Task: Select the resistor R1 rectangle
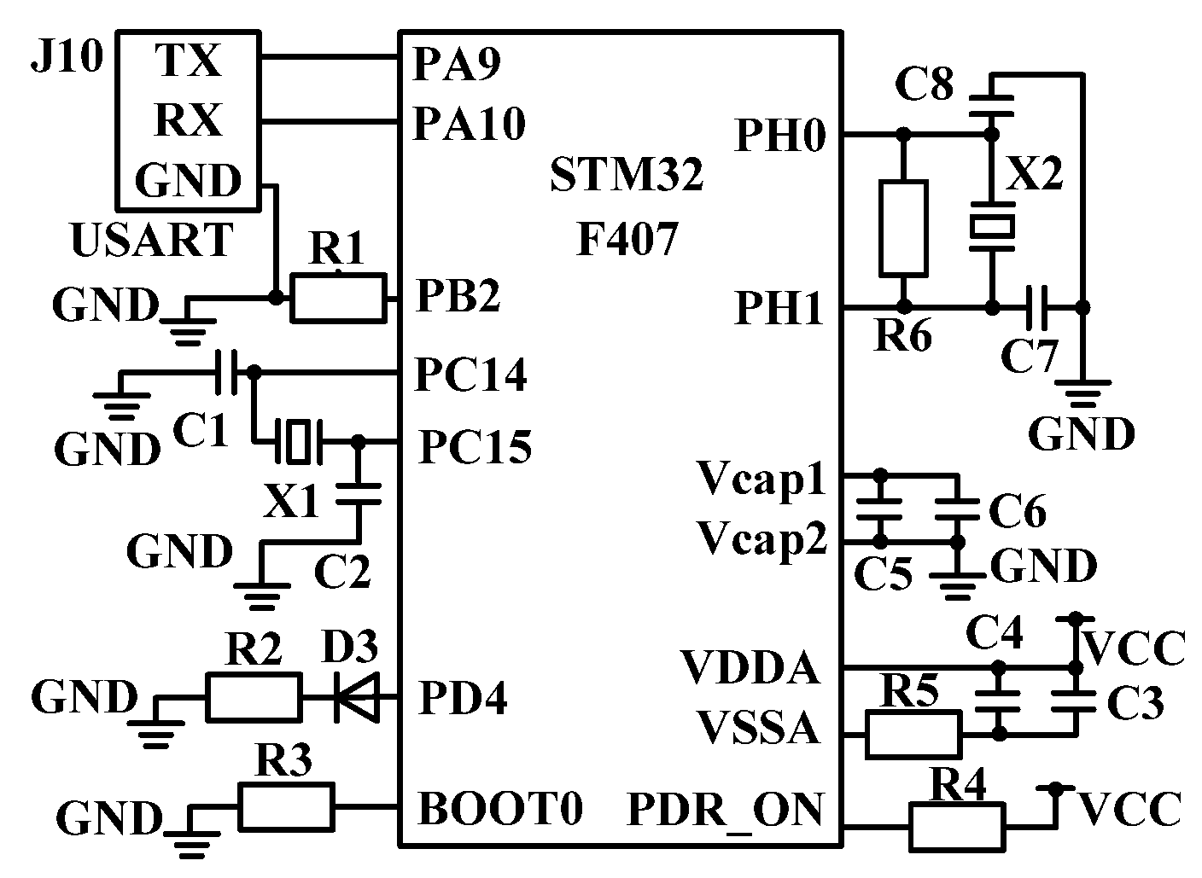pos(338,298)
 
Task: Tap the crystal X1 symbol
pos(296,442)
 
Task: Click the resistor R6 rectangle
pos(903,228)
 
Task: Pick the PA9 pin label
pos(456,63)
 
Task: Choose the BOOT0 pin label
pos(500,807)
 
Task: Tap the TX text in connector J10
pos(188,61)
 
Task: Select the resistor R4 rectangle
pos(956,826)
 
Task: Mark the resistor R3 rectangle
pos(286,806)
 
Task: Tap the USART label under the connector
pos(152,240)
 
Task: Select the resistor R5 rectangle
pos(913,734)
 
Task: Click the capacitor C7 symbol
pos(1038,306)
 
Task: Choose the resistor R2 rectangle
pos(253,697)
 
